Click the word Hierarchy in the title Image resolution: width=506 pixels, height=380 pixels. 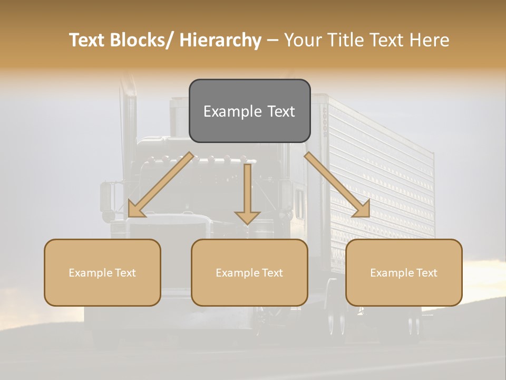tap(220, 41)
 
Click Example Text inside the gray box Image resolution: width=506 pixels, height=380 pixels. tap(249, 111)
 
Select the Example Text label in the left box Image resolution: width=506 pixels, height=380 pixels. tap(102, 273)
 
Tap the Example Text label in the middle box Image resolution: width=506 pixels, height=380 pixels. tap(249, 273)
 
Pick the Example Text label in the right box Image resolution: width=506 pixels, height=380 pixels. tap(404, 273)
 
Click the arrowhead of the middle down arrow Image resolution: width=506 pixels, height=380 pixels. tap(247, 217)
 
